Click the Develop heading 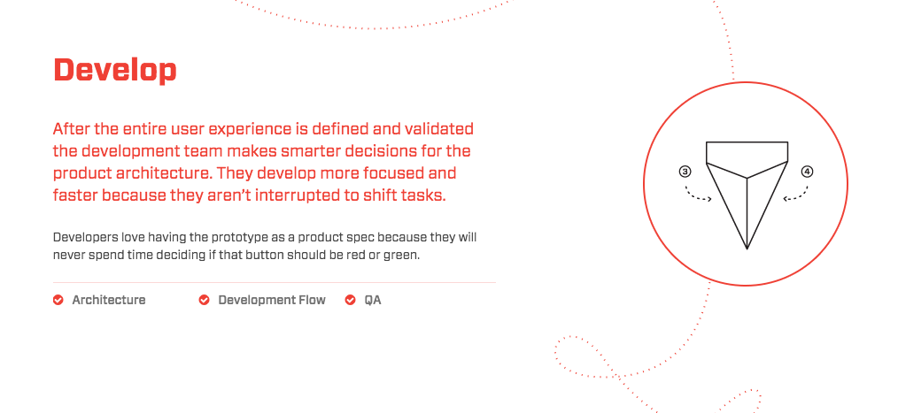114,71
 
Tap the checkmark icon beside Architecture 58,300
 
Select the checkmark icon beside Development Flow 204,300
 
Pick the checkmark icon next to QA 350,300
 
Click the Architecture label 109,300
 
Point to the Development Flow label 272,300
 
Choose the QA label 373,300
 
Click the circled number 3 685,172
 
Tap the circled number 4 807,172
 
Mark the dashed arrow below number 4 797,195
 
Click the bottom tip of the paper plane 747,249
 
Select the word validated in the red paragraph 437,129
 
